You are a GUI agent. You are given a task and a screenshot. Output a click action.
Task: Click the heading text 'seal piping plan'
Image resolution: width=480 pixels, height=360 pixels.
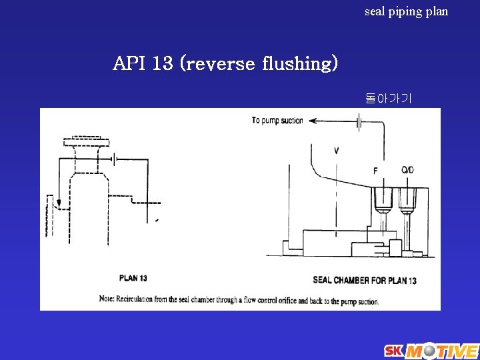pos(406,11)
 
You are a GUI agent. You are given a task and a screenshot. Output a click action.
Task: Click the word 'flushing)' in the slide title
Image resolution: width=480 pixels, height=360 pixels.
pos(301,63)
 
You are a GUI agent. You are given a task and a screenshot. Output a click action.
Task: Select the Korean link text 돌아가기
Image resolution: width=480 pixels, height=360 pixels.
pos(389,99)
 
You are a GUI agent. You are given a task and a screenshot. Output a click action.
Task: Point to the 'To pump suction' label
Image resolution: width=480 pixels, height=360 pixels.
pos(277,121)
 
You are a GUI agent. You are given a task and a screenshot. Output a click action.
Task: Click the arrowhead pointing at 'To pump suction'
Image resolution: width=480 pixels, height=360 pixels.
pos(313,121)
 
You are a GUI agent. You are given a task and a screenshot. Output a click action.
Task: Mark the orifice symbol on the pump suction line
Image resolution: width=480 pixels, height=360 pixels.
pos(359,121)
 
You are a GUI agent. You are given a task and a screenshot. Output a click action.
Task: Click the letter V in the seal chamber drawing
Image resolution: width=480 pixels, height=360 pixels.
pos(336,151)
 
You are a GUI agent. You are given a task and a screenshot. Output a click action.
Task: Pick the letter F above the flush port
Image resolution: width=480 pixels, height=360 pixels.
pos(375,171)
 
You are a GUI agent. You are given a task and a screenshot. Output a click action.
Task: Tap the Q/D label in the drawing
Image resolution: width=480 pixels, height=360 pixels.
pos(407,170)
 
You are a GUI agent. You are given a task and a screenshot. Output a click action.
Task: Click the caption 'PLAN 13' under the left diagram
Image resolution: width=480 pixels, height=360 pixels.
pos(133,278)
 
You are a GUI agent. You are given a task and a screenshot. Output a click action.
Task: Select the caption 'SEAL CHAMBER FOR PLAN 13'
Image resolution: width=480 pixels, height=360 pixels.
pos(365,280)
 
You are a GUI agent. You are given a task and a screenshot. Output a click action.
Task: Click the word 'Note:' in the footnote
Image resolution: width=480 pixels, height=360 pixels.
pos(107,300)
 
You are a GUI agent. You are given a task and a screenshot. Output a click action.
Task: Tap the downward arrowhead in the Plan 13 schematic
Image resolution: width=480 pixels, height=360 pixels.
pos(59,203)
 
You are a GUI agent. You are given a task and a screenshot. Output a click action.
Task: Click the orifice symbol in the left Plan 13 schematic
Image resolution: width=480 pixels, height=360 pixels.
pos(114,159)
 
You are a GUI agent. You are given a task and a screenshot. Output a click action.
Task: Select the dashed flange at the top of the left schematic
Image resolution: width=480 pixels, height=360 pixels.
pos(86,142)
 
